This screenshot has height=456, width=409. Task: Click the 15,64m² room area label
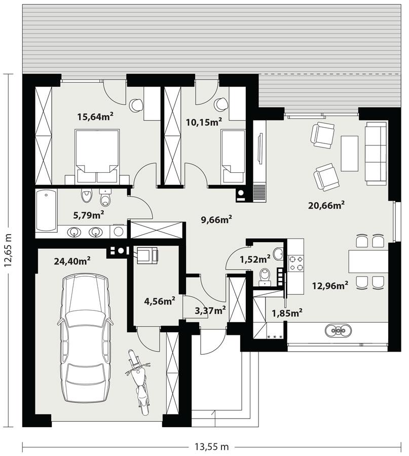(x=95, y=117)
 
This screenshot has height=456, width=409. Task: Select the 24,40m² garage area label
(x=72, y=261)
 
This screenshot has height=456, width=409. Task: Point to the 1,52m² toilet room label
(x=254, y=259)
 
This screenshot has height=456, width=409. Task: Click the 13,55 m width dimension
(x=211, y=446)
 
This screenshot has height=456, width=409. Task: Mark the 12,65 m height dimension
(x=9, y=253)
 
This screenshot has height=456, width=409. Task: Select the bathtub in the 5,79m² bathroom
(x=46, y=210)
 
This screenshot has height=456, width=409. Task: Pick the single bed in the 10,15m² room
(x=233, y=156)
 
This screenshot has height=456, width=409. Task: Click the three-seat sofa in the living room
(x=376, y=151)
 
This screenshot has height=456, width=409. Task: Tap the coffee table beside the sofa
(x=349, y=153)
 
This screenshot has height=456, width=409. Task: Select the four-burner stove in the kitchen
(x=295, y=262)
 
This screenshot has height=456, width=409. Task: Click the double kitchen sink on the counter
(x=339, y=330)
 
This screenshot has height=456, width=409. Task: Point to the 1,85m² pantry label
(x=287, y=313)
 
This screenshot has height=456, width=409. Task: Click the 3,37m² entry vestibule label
(x=210, y=310)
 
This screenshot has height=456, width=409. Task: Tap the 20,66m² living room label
(x=326, y=205)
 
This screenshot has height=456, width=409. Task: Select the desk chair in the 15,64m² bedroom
(x=136, y=105)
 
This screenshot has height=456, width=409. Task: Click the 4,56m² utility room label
(x=160, y=301)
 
